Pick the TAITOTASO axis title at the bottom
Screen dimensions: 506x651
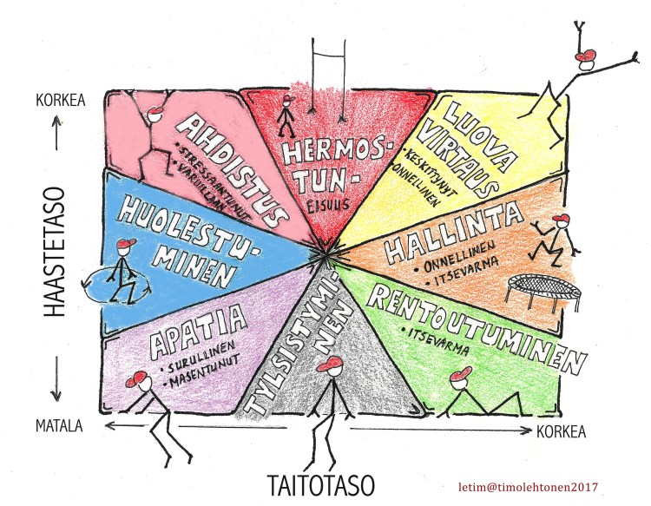point(325,482)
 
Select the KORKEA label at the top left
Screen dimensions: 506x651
point(59,100)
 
